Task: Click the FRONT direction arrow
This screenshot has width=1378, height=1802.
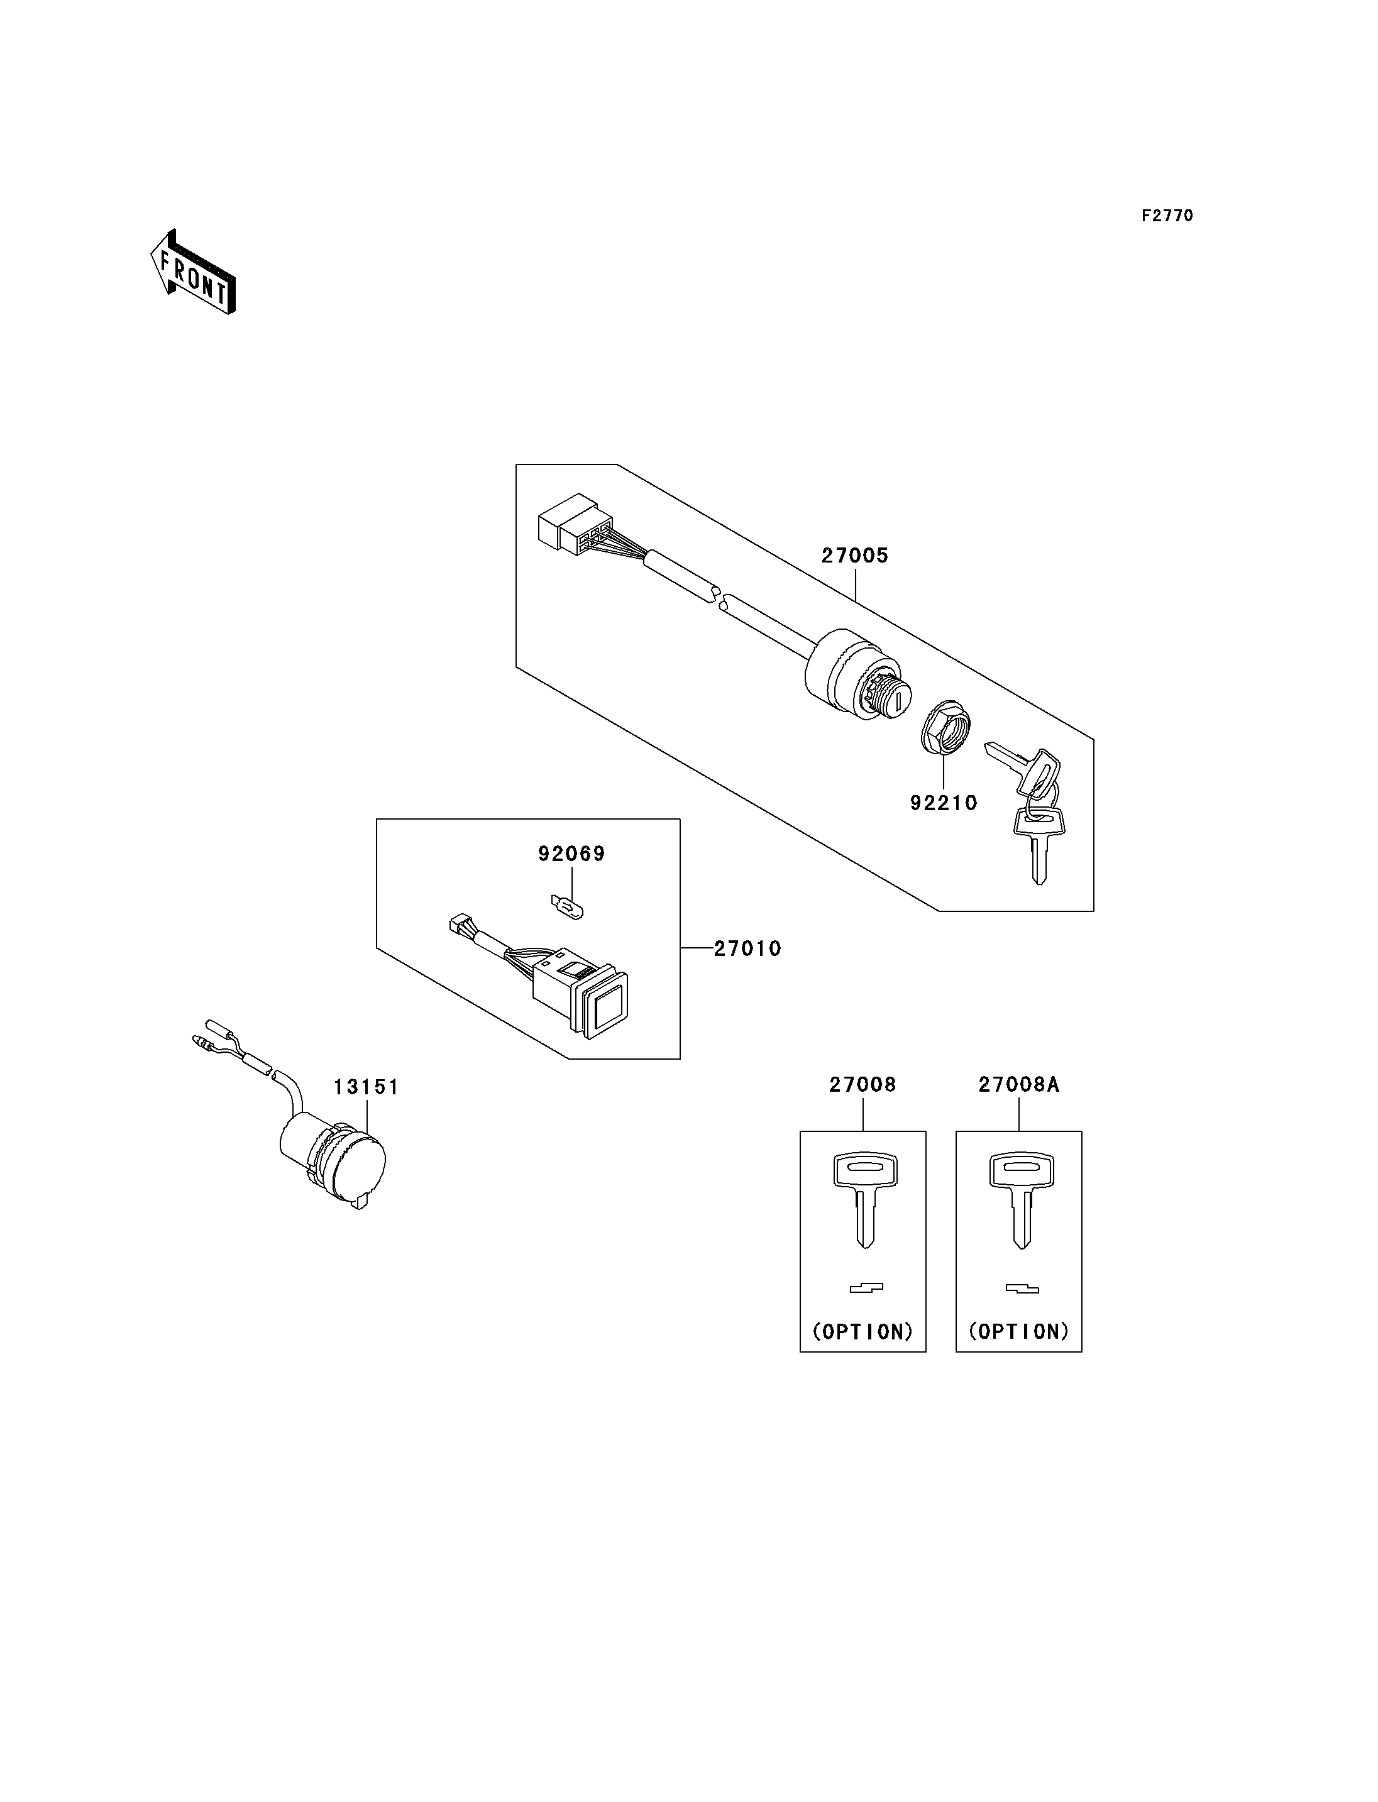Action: tap(194, 273)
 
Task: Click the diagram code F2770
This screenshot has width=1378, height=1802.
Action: tap(1167, 216)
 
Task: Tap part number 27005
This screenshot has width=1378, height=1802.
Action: tap(855, 556)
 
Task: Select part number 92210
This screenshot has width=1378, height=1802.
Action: tap(944, 803)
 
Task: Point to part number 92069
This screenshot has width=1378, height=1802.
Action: tap(571, 854)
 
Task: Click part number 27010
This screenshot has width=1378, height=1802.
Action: tap(747, 949)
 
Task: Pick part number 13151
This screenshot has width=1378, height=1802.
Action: tap(366, 1087)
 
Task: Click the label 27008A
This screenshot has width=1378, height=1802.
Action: tap(1019, 1085)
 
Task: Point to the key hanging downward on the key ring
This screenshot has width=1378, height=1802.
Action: tap(1039, 844)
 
